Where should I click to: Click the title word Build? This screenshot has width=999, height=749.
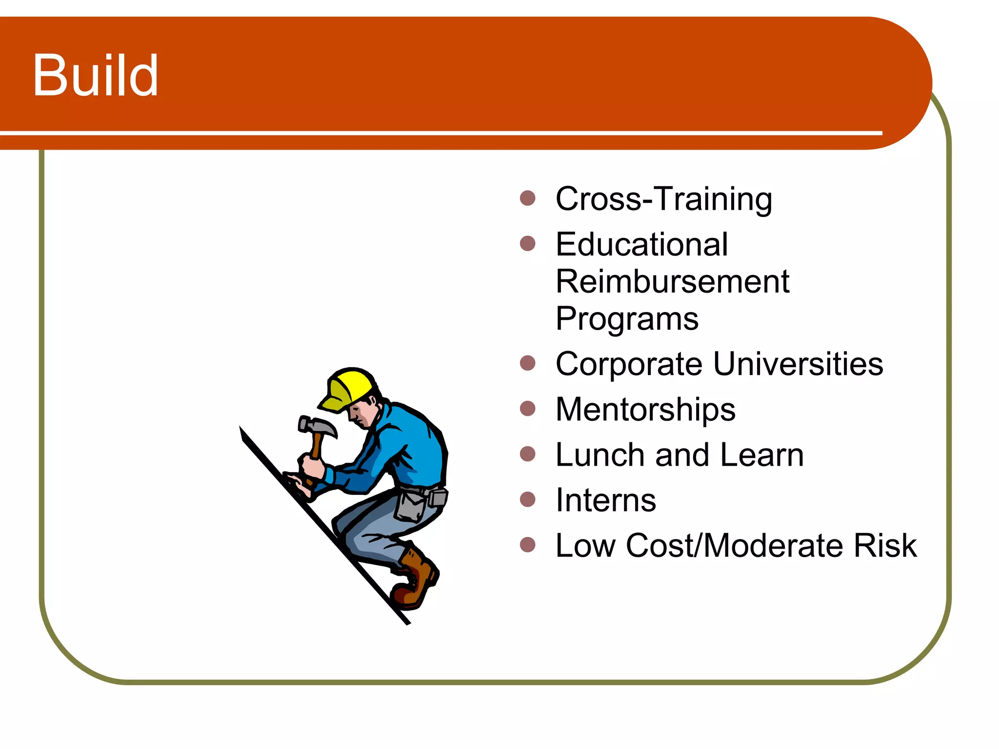coord(95,76)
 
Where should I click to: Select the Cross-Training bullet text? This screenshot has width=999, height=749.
coord(663,199)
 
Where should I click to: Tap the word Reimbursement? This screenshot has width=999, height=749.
coord(672,282)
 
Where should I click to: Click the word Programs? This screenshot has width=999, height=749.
coord(627,319)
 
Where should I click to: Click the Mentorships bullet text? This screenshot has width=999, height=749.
coord(645,409)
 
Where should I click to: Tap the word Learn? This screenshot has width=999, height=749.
coord(761,455)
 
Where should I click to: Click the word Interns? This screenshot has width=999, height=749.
coord(606,500)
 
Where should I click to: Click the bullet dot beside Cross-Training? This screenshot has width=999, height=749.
coord(527,198)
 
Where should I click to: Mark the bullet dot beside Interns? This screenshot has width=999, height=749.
coord(527,499)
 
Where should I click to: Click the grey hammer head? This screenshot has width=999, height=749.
coord(316,426)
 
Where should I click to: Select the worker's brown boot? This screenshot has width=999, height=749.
coord(415,580)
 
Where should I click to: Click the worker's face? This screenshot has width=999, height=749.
coord(362,414)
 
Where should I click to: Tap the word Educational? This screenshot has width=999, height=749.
coord(641,244)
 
